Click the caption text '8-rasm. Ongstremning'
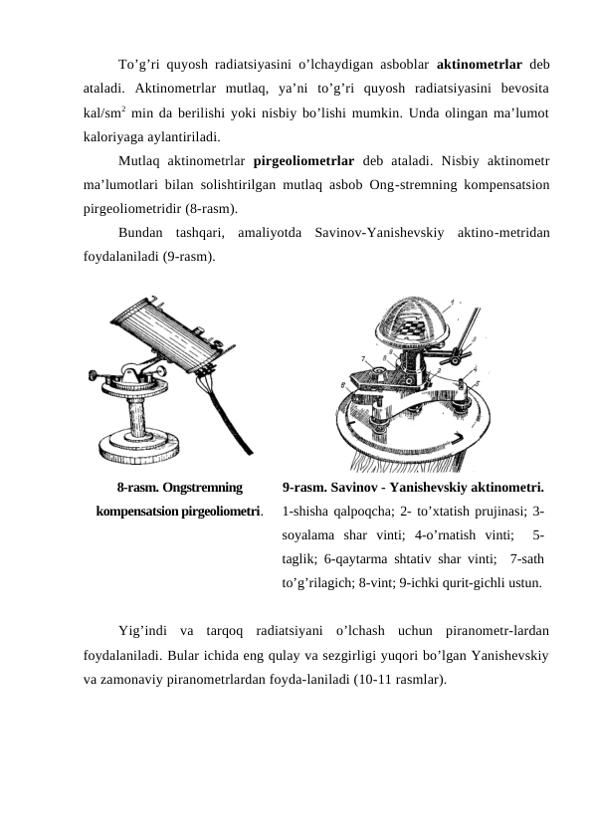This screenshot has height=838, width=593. (179, 489)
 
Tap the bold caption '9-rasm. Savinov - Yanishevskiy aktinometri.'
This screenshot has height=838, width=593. (413, 489)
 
